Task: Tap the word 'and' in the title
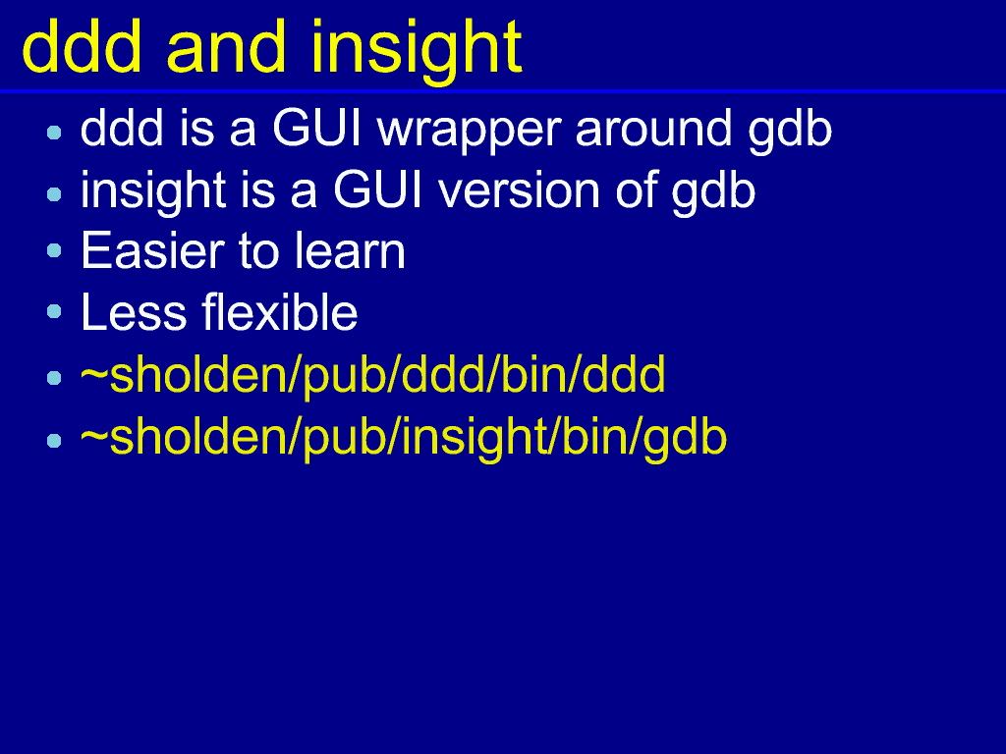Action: click(x=226, y=47)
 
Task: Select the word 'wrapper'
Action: click(x=470, y=132)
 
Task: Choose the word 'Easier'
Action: click(x=152, y=250)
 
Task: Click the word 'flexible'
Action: click(x=280, y=311)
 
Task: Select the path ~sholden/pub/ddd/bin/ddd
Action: click(x=372, y=376)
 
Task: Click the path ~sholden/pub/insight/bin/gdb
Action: click(x=404, y=439)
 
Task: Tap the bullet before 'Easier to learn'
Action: click(x=55, y=250)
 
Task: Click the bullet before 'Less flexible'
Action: click(x=55, y=311)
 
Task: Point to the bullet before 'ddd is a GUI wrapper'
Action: click(x=55, y=133)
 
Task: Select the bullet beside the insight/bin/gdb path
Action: click(x=55, y=441)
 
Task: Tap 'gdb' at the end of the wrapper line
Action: click(x=790, y=131)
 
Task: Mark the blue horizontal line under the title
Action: click(x=503, y=91)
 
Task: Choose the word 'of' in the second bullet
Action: click(x=637, y=189)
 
